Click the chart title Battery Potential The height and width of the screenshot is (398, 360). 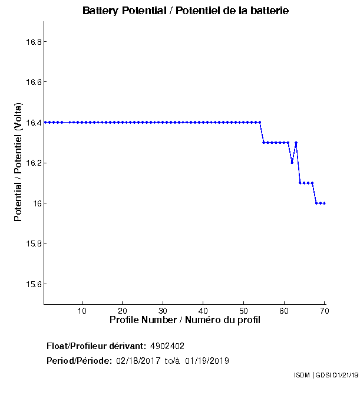(185, 11)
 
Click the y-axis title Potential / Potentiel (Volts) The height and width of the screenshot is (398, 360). (18, 162)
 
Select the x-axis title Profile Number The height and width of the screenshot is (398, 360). (185, 320)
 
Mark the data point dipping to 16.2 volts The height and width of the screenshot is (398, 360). (292, 163)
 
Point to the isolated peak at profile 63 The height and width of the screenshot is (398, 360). (296, 142)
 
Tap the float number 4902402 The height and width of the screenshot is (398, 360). (171, 346)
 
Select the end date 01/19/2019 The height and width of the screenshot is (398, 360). (207, 361)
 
